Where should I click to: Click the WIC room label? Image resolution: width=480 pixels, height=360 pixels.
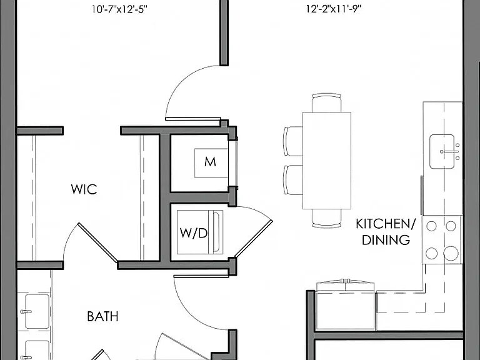(84, 189)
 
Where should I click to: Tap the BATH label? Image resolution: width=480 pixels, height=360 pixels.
(103, 316)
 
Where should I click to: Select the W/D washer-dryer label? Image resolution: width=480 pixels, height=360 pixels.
(194, 233)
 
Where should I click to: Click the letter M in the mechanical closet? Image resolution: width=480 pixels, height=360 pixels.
(210, 162)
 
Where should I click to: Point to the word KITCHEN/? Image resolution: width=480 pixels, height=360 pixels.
(386, 224)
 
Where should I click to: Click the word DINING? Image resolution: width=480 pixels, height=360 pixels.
(386, 240)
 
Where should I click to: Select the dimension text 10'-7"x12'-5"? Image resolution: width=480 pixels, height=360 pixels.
(120, 9)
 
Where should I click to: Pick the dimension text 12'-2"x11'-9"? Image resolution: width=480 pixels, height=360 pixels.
(334, 9)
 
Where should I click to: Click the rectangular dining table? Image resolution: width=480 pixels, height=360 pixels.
(327, 161)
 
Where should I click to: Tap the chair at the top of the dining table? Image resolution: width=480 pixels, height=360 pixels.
(327, 104)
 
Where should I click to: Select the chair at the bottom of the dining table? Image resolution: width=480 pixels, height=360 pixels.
(327, 218)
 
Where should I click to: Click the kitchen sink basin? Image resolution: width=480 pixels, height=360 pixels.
(442, 151)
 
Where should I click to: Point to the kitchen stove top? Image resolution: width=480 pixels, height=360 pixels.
(441, 240)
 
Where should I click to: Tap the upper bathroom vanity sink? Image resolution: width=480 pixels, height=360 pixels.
(37, 311)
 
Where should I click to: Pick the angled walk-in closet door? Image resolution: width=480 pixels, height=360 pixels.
(97, 242)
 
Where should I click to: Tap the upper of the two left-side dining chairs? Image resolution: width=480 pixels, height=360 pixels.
(294, 141)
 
